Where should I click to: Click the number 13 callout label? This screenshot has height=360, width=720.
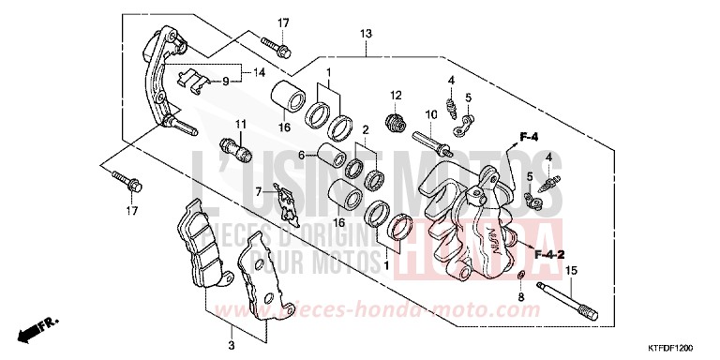[x=366, y=34]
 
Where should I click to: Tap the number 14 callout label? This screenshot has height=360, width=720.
[x=259, y=71]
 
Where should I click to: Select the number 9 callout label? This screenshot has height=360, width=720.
[x=226, y=82]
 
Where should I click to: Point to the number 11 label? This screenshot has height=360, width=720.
[x=240, y=124]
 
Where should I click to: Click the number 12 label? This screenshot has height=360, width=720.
[x=396, y=95]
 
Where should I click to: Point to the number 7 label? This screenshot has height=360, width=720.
[x=255, y=190]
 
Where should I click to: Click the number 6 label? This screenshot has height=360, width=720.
[x=302, y=156]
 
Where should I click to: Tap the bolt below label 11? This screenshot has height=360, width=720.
[x=234, y=147]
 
